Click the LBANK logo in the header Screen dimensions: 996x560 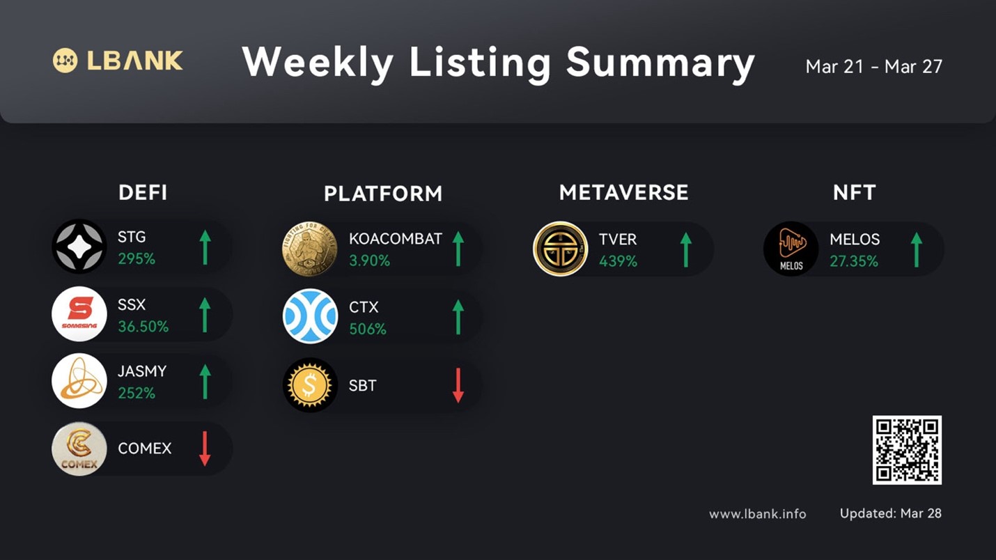pos(118,61)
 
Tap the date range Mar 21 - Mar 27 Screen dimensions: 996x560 pos(873,67)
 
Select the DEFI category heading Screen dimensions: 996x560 pos(143,193)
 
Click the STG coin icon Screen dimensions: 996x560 pos(79,247)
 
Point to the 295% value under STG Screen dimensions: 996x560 pos(137,258)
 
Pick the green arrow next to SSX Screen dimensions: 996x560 pos(205,315)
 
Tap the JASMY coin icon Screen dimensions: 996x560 pos(79,381)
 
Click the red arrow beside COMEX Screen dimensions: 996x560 pos(205,449)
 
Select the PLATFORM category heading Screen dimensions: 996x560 pos(383,194)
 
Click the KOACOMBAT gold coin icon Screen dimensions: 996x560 pos(310,249)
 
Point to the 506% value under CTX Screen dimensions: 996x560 pos(368,329)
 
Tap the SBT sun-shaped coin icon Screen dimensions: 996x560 pos(310,385)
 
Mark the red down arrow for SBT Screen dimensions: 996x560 pos(458,385)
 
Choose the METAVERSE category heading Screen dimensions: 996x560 pos(624,193)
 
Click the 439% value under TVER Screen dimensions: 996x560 pos(618,261)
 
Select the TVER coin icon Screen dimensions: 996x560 pos(560,249)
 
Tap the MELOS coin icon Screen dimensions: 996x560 pos(791,249)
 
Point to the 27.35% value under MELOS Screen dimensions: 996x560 pos(854,261)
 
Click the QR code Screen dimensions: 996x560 pos(907,450)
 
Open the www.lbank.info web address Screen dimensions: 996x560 pos(757,514)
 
